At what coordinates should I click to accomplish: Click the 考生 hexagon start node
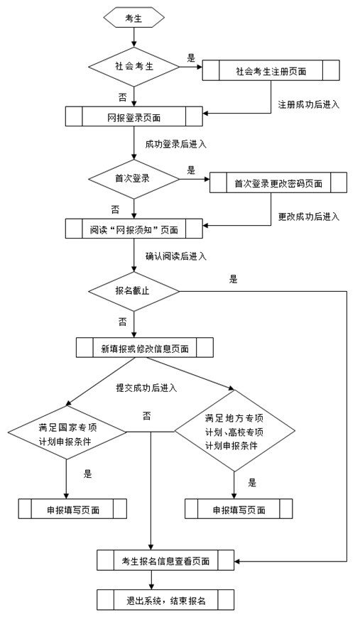point(133,19)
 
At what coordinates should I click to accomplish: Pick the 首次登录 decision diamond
point(133,178)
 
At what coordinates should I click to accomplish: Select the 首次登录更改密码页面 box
point(278,183)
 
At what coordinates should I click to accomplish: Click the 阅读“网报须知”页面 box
point(133,229)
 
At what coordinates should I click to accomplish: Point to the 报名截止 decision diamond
point(133,291)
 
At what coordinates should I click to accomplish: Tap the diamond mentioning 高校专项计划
point(235,431)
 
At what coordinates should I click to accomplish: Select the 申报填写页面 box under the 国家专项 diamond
point(72,509)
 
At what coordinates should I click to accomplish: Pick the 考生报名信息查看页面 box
point(165,560)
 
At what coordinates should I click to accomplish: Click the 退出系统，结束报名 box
point(165,600)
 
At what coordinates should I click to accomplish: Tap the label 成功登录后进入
point(175,144)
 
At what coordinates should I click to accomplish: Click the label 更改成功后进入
point(308,216)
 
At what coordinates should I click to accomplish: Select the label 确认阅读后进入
point(175,256)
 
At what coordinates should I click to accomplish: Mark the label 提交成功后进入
point(146,388)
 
